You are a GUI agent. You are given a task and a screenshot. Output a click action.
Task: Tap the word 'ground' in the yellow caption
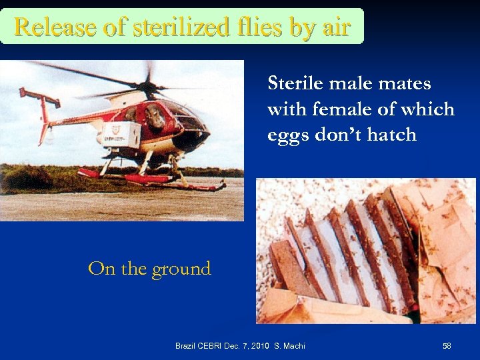pyautogui.click(x=181, y=269)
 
